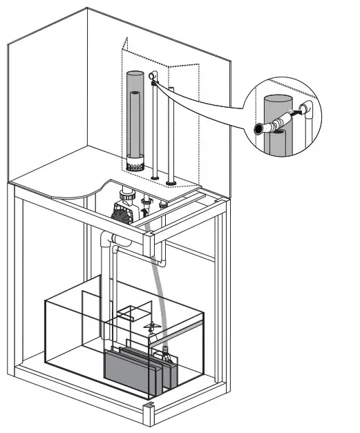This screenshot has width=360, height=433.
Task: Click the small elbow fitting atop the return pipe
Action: click(x=153, y=78)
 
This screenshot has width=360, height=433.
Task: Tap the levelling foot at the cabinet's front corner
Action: click(x=148, y=414)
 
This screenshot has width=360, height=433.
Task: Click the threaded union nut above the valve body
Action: click(x=126, y=198)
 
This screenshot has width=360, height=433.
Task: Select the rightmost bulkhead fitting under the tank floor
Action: click(x=164, y=204)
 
